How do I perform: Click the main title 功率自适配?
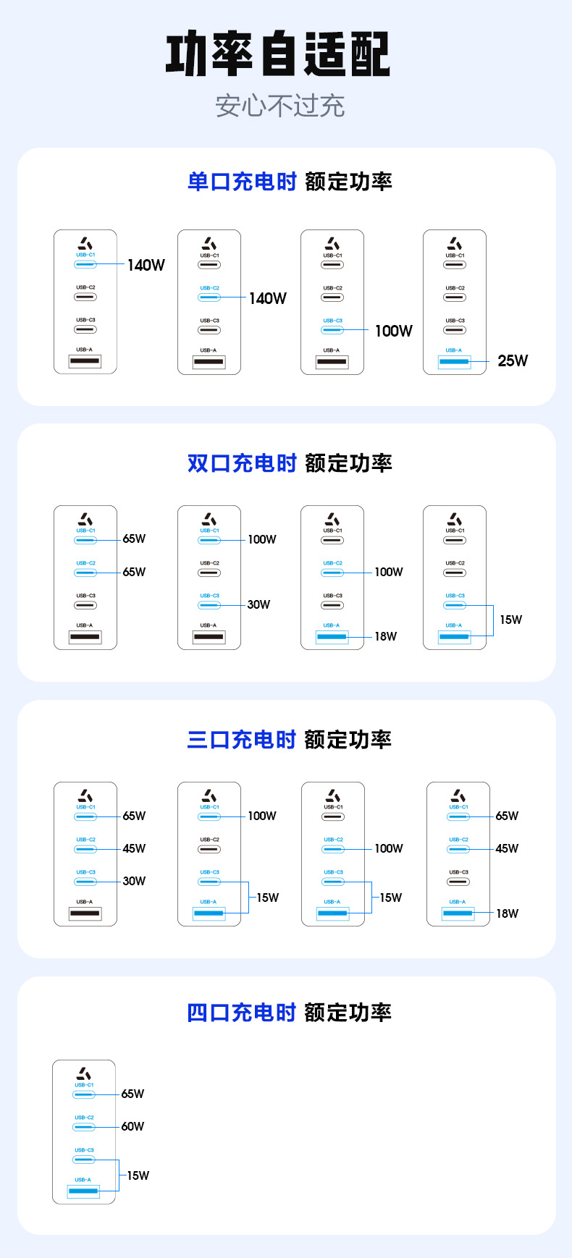(x=278, y=54)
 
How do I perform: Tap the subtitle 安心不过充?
(x=279, y=106)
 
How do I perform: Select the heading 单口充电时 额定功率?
(x=290, y=182)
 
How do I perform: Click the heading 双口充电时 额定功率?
(x=290, y=463)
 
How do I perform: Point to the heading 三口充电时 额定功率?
(x=290, y=740)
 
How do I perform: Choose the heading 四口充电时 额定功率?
(x=290, y=1013)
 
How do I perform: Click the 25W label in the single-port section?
(x=513, y=360)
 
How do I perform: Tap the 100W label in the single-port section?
(x=393, y=331)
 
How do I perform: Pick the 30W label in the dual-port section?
(x=258, y=604)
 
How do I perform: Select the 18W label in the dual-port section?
(x=385, y=637)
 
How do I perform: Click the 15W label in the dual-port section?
(x=510, y=620)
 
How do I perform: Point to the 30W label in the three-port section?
(x=134, y=881)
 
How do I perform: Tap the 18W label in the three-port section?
(x=507, y=913)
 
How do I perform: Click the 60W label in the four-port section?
(x=133, y=1126)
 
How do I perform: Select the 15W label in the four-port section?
(x=138, y=1175)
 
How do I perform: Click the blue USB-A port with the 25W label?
(x=454, y=360)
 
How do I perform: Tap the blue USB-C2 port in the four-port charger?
(x=84, y=1127)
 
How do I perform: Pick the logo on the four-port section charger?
(x=84, y=1073)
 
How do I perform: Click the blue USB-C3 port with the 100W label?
(x=332, y=330)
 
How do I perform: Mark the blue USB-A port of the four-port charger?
(x=83, y=1190)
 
